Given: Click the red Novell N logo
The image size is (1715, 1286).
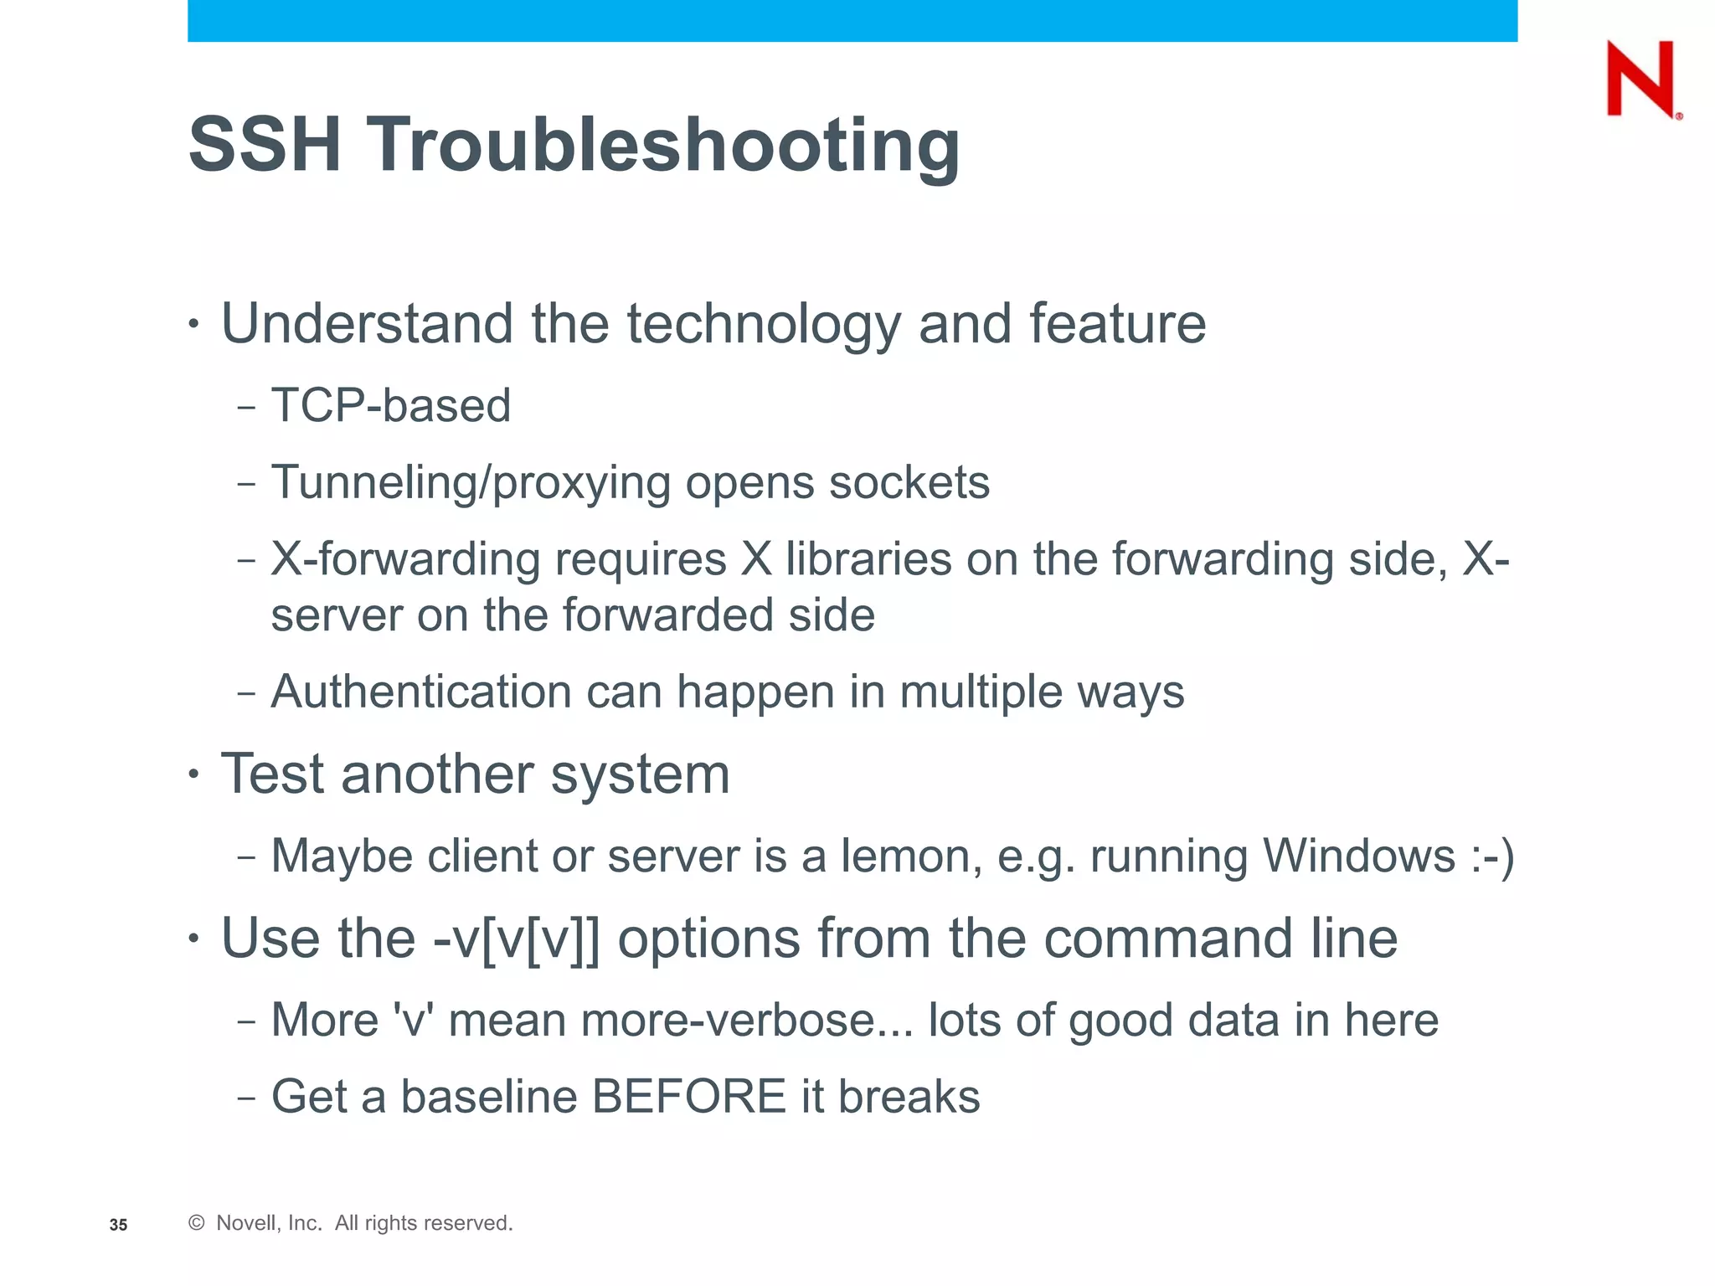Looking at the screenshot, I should pos(1641,80).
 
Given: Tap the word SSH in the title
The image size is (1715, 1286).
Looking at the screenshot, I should pos(265,144).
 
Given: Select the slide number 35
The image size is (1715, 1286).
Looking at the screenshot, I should pos(118,1225).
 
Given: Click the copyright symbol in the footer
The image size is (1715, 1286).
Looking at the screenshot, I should pos(197,1223).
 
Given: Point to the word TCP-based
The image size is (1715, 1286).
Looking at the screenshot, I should pos(391,406).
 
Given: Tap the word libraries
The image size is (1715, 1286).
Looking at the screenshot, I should pos(868,559).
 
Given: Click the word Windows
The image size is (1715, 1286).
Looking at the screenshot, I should pos(1359,856).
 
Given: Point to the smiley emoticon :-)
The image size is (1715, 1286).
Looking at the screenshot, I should pos(1492,857).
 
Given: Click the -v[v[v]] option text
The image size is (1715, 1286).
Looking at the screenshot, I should pos(516,939).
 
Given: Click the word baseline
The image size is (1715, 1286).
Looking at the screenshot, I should pos(489,1097).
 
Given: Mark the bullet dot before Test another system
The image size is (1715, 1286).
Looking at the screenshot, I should pos(193,774).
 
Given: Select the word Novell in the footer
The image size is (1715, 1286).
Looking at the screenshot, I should pos(244,1223).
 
